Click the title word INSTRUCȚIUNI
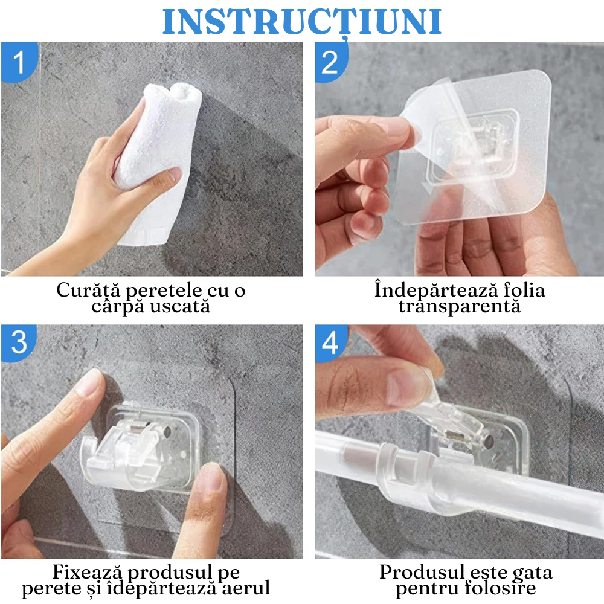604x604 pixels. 302,22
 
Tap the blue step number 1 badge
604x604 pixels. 18,62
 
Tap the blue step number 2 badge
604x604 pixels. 330,62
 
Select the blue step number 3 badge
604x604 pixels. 18,342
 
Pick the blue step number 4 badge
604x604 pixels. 330,342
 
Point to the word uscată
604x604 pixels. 181,306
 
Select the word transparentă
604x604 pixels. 459,306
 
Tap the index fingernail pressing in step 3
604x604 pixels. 91,384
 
